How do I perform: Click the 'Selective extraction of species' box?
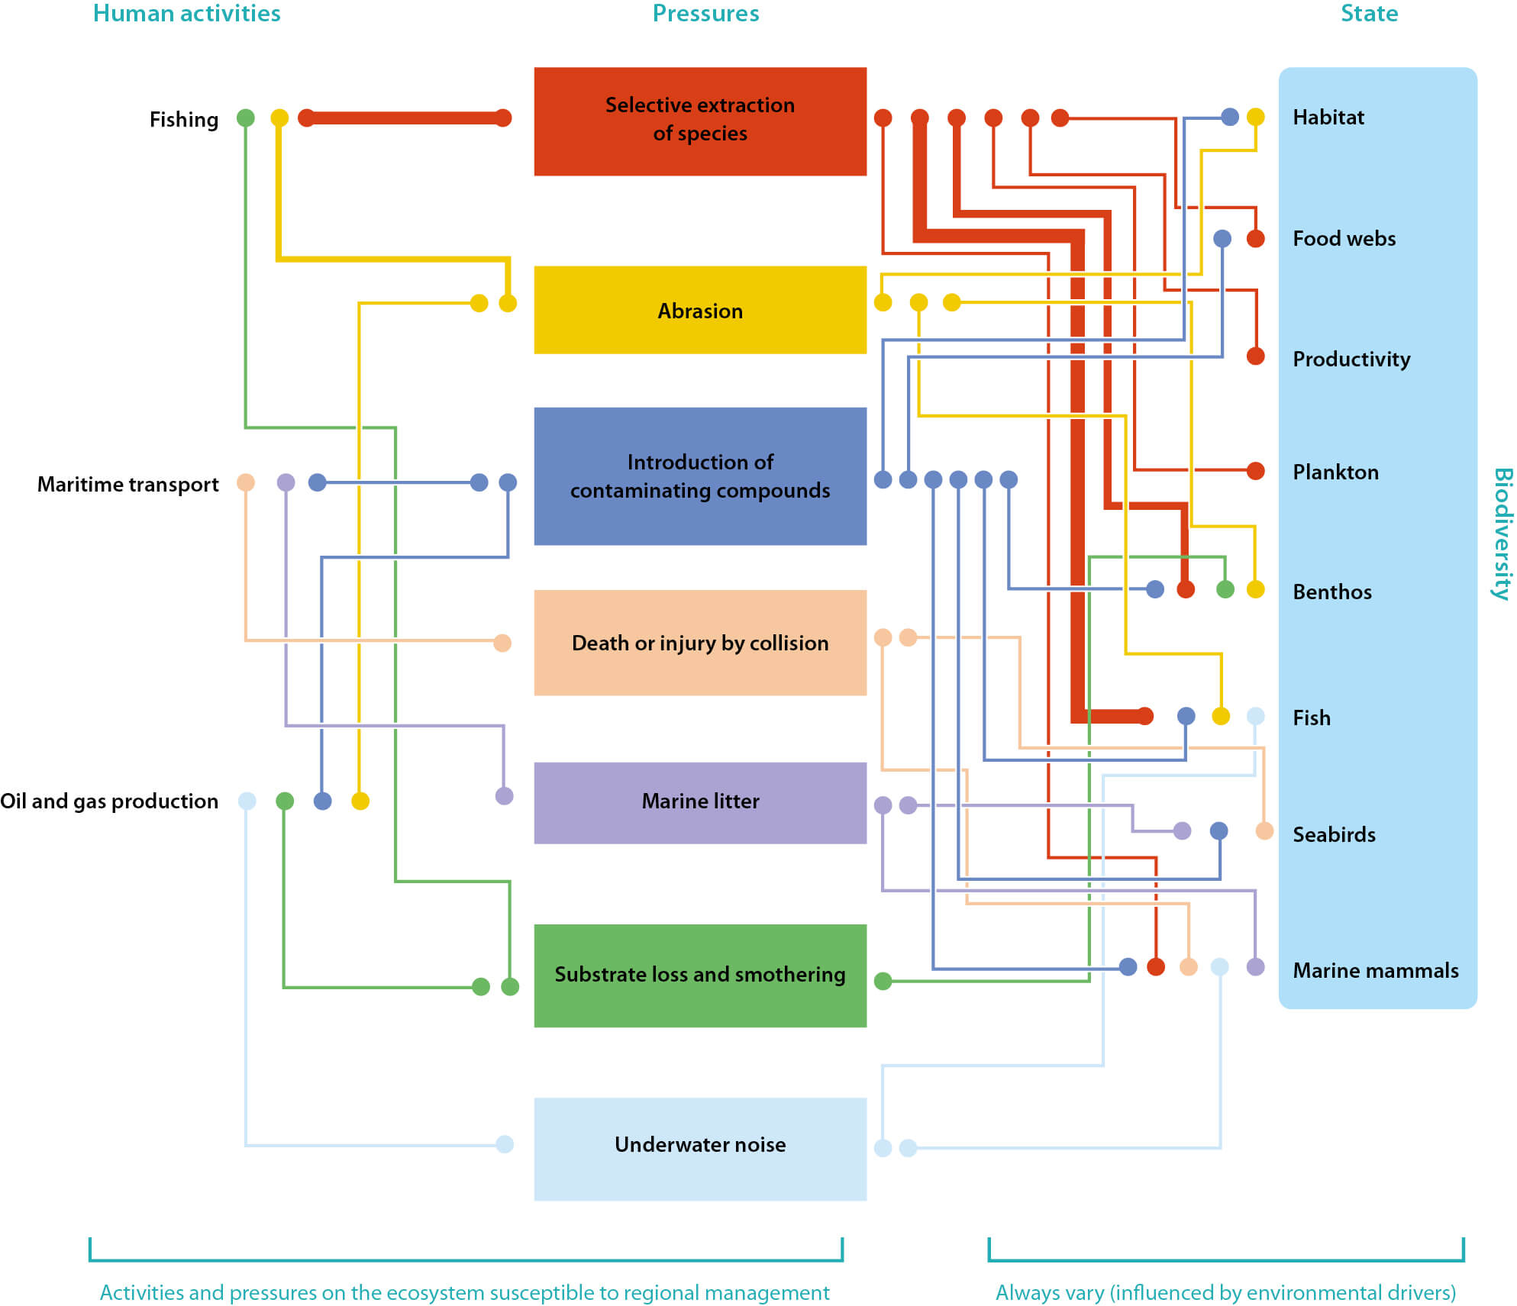699,121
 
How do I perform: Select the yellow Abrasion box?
699,310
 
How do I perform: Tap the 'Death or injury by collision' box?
699,643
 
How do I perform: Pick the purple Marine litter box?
699,801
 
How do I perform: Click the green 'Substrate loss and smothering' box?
699,975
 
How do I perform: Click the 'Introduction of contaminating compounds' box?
699,476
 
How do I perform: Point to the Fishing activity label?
183,120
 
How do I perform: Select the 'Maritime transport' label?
127,485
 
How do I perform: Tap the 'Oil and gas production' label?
109,801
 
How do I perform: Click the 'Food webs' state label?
1344,239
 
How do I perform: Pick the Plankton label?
1335,472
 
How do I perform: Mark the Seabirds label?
1334,834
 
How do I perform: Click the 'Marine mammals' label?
1375,970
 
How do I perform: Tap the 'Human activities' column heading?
186,14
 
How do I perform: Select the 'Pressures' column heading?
705,14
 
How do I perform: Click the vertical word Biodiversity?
1502,534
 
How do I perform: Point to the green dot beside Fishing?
245,118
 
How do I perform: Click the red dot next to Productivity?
1255,356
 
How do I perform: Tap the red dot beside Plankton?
1255,471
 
